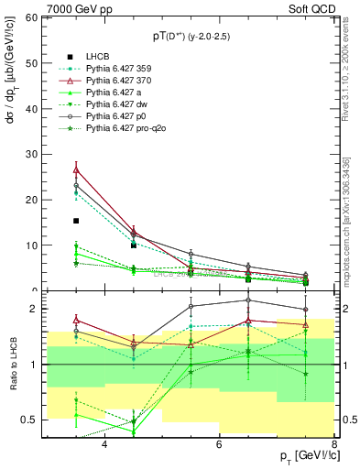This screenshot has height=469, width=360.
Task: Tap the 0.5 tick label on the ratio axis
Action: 28,420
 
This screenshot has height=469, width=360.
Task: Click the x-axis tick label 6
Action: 219,444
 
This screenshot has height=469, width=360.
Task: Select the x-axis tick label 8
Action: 333,444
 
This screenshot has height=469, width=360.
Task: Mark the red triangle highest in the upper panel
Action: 76,170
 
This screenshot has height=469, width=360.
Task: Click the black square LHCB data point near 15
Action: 76,221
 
